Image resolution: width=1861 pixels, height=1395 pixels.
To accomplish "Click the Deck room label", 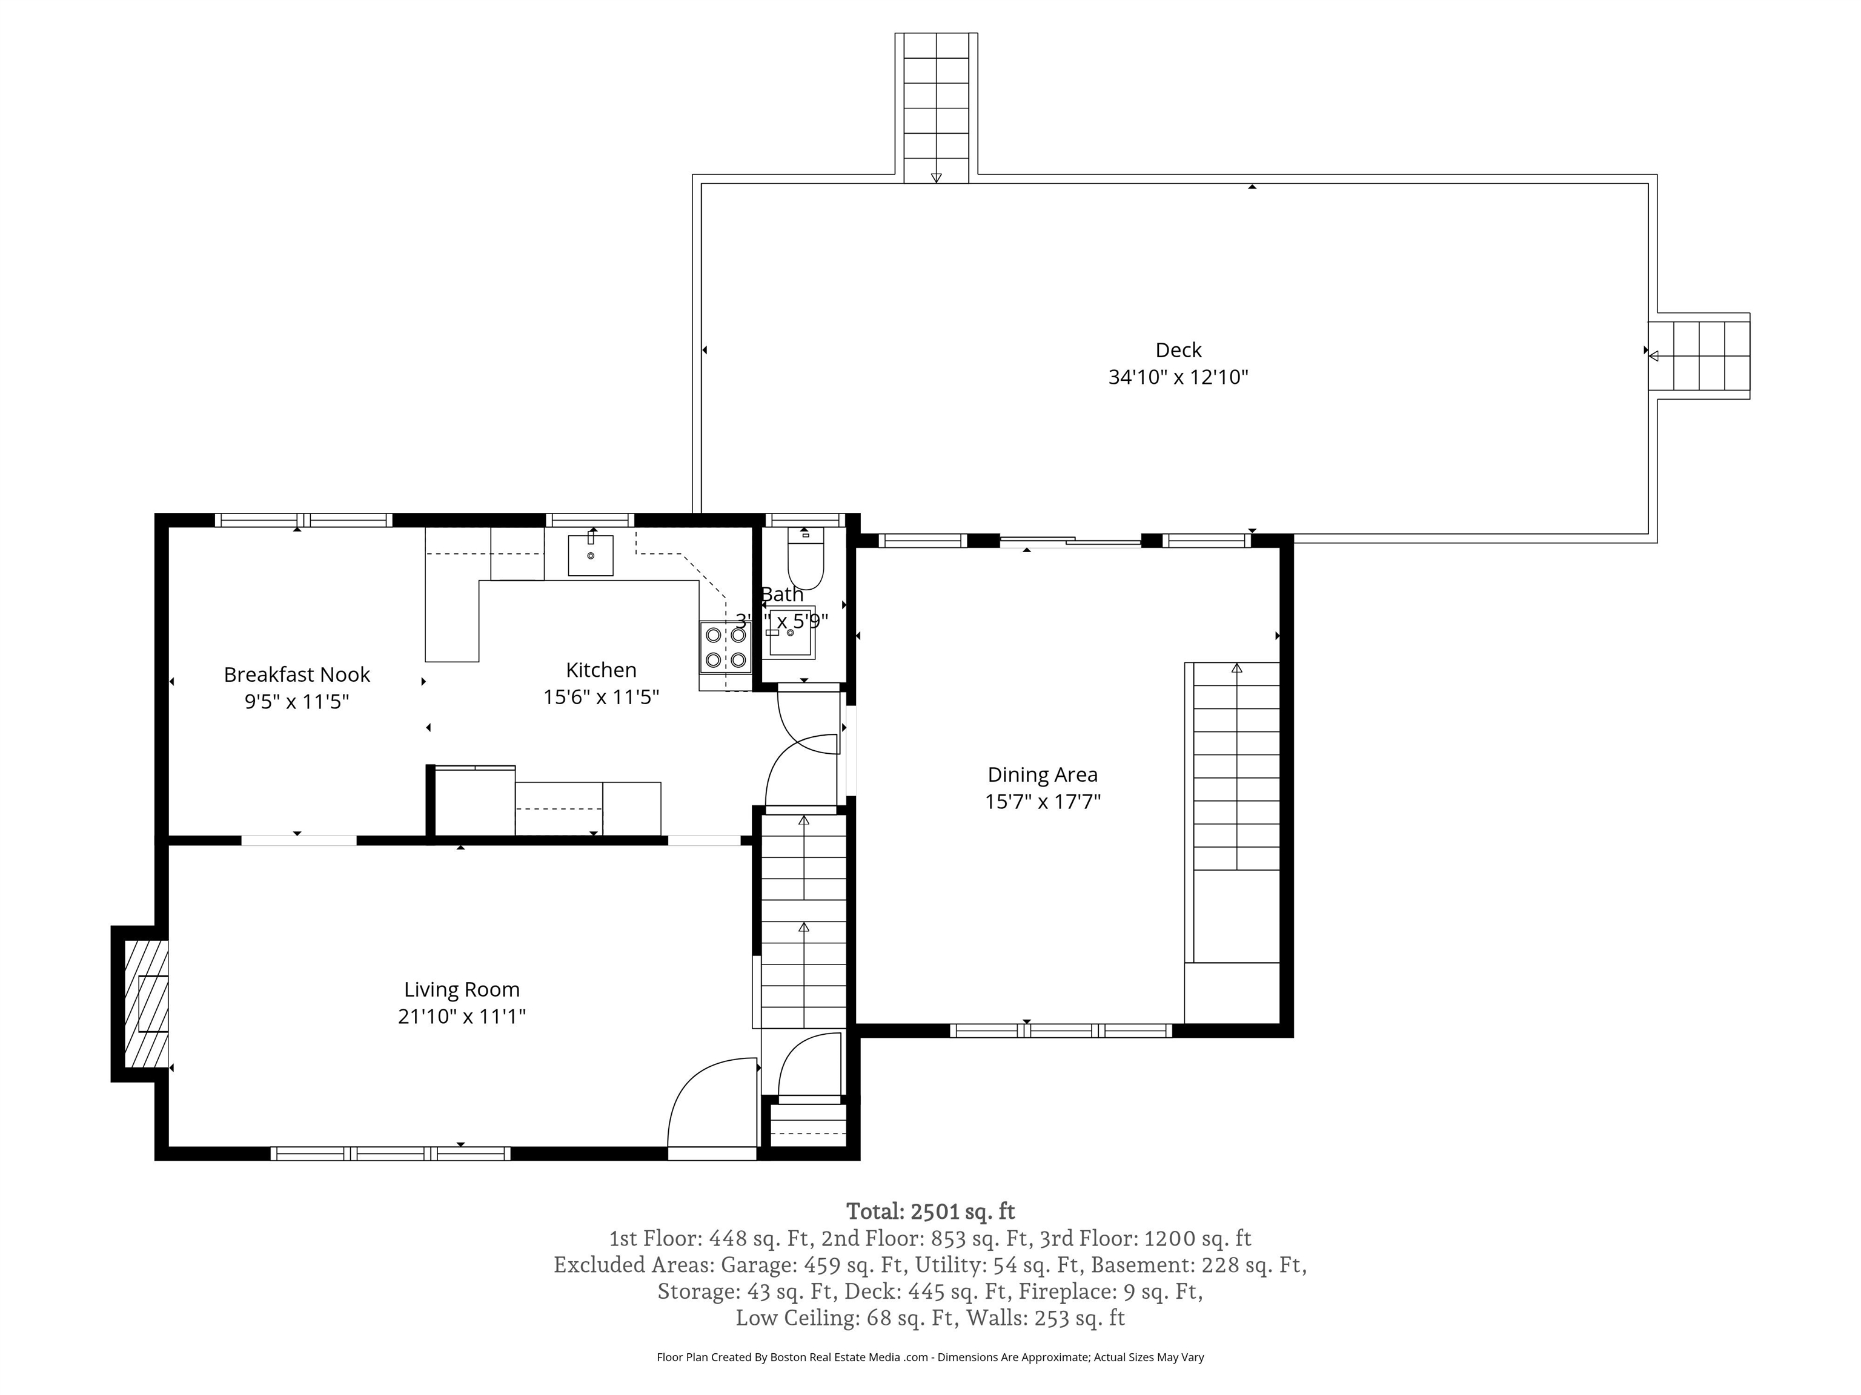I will pos(1178,350).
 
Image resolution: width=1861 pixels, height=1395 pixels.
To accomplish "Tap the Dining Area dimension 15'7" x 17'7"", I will pos(1043,802).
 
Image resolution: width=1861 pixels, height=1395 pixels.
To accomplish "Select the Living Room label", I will pos(461,990).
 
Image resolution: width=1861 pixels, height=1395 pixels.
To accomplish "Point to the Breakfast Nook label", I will pos(296,674).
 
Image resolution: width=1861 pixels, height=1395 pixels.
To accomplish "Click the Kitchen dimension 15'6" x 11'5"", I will pos(601,697).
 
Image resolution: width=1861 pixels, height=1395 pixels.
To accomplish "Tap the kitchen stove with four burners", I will pos(725,647).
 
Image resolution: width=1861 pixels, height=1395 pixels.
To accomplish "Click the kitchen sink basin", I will pos(590,556).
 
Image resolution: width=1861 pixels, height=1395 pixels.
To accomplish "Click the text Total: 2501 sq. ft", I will pos(930,1212).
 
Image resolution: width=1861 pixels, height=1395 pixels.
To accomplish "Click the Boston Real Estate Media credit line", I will pos(930,1357).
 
